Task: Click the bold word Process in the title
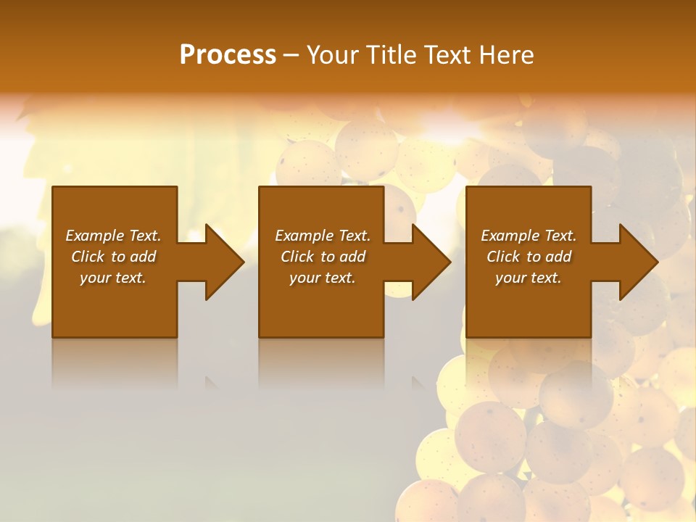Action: pyautogui.click(x=228, y=55)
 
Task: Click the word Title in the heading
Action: pyautogui.click(x=388, y=55)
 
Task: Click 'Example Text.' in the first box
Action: pyautogui.click(x=113, y=236)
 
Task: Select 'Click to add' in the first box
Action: pyautogui.click(x=113, y=257)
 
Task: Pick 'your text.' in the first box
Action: pyautogui.click(x=113, y=278)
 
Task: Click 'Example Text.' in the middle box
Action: pyautogui.click(x=323, y=236)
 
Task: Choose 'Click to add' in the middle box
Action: pyautogui.click(x=323, y=257)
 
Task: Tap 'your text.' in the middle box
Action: pyautogui.click(x=323, y=278)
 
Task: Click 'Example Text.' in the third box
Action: pyautogui.click(x=529, y=236)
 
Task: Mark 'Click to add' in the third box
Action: pyautogui.click(x=529, y=257)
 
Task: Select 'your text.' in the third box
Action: pyautogui.click(x=529, y=278)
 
